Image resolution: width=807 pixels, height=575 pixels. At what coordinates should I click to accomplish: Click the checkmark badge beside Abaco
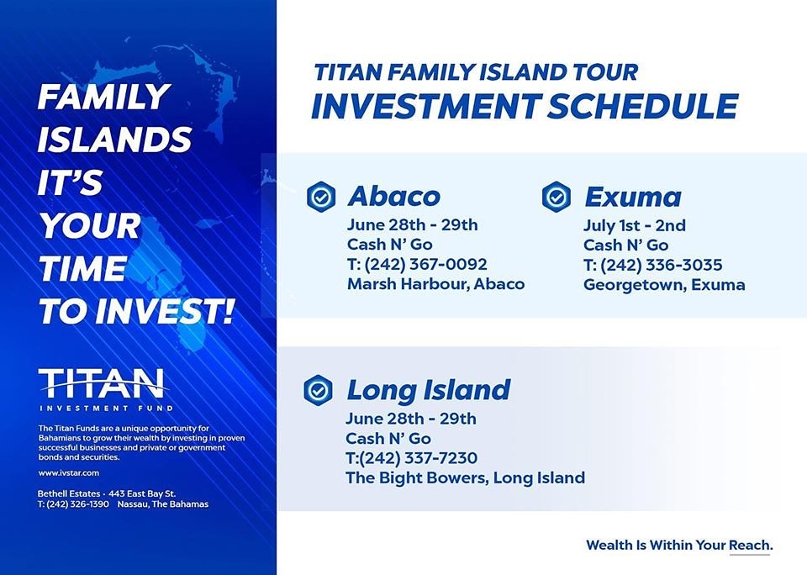coord(321,197)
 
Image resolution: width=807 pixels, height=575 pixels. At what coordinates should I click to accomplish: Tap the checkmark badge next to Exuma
coord(556,197)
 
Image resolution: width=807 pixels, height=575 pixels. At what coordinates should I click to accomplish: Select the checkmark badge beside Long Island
coord(319,390)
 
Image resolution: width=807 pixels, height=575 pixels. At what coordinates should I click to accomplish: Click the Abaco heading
coord(393,196)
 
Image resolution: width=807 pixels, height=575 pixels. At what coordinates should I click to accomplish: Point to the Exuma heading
coord(632,197)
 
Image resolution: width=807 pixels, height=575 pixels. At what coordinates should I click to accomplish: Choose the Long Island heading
coord(428,390)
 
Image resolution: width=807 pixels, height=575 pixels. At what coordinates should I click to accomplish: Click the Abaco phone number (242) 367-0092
coord(425,264)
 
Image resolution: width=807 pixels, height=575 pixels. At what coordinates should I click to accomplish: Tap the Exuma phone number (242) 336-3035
coord(661,265)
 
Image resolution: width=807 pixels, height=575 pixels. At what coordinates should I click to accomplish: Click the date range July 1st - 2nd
coord(634,225)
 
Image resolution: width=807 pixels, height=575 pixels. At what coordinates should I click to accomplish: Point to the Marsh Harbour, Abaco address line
coord(436,283)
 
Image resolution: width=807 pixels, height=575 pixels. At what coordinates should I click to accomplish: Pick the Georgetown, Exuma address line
coord(664,285)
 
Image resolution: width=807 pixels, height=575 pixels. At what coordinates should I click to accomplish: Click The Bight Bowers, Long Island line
coord(465,477)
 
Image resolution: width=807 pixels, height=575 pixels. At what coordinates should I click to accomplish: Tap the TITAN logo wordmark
coord(102,383)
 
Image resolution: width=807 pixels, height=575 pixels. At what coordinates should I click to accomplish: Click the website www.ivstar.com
coord(68,472)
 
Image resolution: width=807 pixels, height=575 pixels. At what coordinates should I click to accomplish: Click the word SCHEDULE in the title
coord(642,107)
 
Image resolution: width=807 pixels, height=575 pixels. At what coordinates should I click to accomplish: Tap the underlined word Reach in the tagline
coord(750,545)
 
